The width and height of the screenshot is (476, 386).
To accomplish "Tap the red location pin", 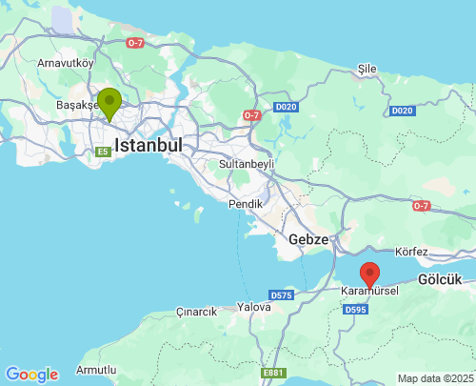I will coord(370,273).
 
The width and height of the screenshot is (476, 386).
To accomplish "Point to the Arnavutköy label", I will coord(66,63).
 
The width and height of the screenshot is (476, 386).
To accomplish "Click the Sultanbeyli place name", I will coord(247,164).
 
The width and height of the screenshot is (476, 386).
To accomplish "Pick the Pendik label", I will coord(246,204).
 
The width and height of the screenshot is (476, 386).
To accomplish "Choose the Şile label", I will coord(367,70).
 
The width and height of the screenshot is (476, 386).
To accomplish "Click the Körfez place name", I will coord(412,252).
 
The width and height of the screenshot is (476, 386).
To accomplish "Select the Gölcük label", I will coord(439,279).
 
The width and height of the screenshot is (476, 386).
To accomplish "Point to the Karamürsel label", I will coord(369,290).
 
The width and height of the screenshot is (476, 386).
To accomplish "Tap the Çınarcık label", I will coord(197,312).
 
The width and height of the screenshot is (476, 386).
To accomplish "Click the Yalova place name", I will coord(254,307).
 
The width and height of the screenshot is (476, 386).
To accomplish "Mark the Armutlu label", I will coord(96,369).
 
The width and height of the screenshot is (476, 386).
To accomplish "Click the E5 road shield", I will coord(103,152).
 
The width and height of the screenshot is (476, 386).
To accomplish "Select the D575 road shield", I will coord(281,295).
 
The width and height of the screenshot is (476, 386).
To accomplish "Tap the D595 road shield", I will coord(356,310).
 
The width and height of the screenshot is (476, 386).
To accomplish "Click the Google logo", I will coord(31,375).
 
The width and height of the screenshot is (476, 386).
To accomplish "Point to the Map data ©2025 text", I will coord(434,378).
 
